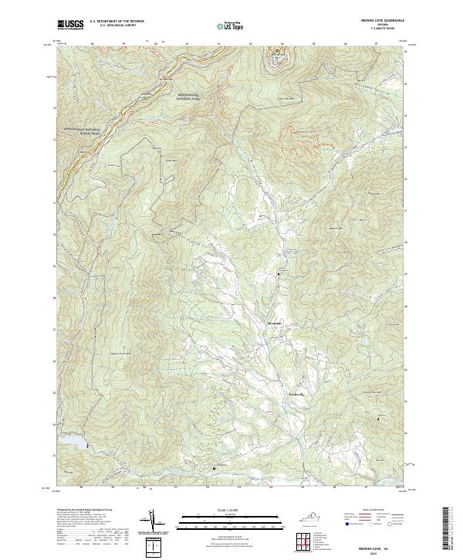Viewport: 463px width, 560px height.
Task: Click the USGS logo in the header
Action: (70, 25)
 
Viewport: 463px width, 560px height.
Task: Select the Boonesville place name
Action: (297, 395)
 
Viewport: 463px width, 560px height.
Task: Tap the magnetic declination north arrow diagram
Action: (153, 523)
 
